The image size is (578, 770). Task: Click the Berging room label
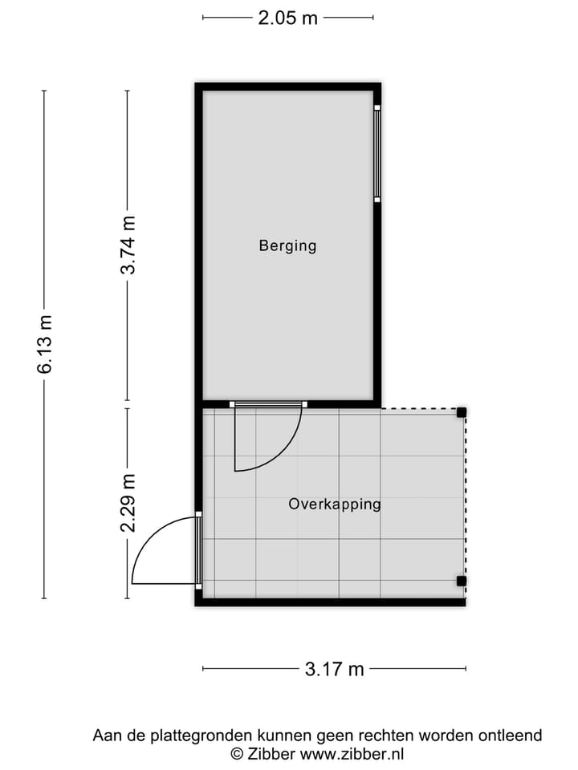point(287,245)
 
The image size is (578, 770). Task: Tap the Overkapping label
point(334,505)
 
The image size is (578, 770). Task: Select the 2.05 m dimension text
point(287,18)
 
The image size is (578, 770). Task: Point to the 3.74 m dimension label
point(128,245)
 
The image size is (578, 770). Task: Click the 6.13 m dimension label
point(45,344)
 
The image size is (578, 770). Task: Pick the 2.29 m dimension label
point(128,503)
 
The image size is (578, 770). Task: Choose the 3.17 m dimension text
point(334,668)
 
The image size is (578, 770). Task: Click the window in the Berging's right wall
point(377,152)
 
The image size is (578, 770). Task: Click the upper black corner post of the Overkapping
point(462,412)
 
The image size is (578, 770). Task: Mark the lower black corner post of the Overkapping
point(462,581)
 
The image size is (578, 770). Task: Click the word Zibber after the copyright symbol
point(270,753)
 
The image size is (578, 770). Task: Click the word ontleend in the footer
point(511,735)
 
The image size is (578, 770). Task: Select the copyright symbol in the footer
point(236,753)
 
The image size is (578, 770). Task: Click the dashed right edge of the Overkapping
point(466,497)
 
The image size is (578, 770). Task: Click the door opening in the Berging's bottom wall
point(268,404)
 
